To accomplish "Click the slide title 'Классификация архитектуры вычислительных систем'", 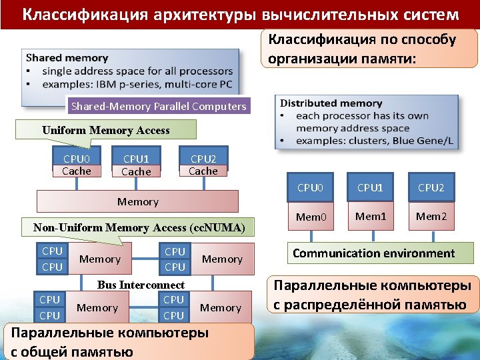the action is click(x=240, y=14).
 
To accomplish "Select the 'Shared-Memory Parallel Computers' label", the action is click(x=159, y=106).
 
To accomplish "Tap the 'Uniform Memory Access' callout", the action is click(x=106, y=130).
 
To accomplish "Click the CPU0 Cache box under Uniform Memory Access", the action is click(x=77, y=165).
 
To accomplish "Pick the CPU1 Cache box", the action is click(x=137, y=165).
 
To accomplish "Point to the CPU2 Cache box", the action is click(x=203, y=165).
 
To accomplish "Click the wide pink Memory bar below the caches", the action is click(x=138, y=201).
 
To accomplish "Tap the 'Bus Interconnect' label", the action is click(x=141, y=285).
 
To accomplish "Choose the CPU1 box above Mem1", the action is click(x=370, y=187).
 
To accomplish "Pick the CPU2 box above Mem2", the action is click(x=431, y=187).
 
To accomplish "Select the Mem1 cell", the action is click(x=370, y=217).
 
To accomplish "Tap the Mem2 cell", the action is click(x=431, y=217).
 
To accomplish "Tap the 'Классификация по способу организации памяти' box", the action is click(x=369, y=49).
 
